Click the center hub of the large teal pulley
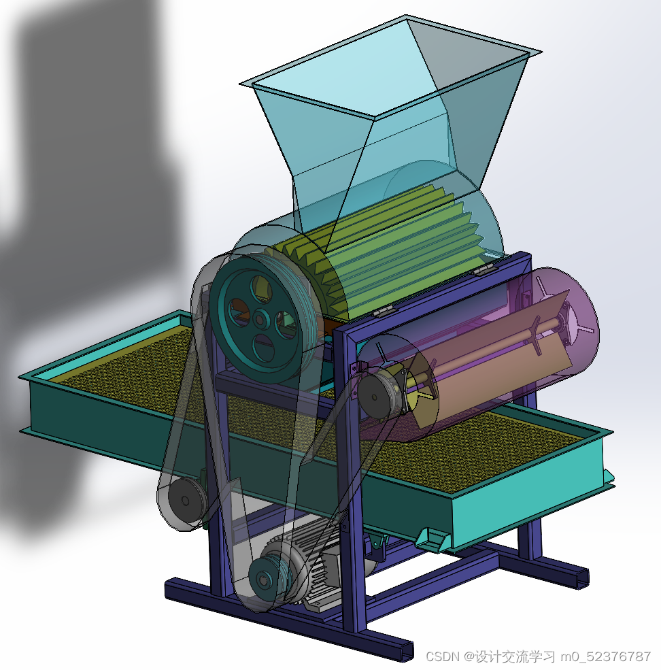click(x=259, y=319)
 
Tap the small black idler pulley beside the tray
click(x=186, y=501)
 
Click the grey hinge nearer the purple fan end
click(x=484, y=270)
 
